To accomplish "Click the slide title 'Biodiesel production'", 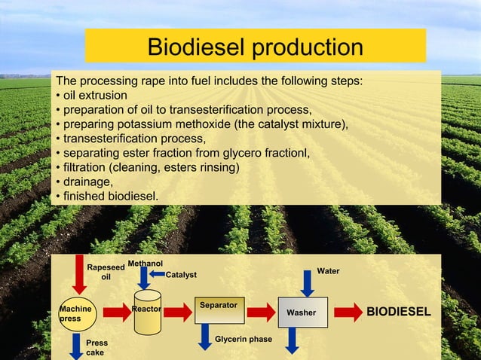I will coord(255,47).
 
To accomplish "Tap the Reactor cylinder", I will coord(146,310).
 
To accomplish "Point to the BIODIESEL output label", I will coord(399,312).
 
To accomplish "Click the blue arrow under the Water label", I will coord(307,282).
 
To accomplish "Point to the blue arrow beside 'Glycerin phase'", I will coord(204,336).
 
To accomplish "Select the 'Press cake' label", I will coord(97,347).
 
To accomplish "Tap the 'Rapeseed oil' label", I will coord(106,272).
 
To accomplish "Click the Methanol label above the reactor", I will coord(146,264).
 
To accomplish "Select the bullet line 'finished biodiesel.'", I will coord(106,196).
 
